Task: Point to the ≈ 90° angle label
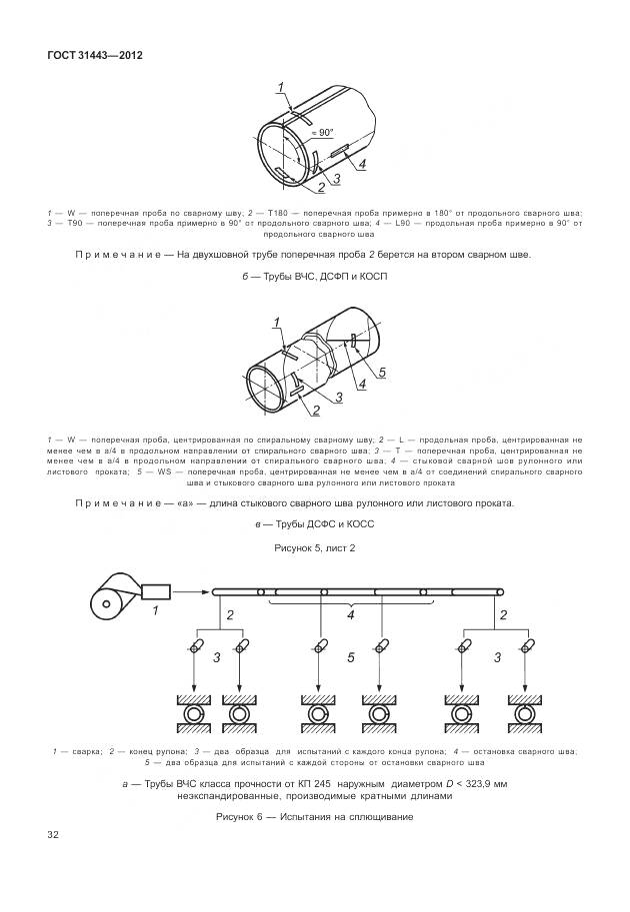[x=322, y=131]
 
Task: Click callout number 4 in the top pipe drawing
[x=362, y=164]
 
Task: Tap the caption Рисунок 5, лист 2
[x=315, y=549]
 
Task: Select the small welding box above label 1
[x=156, y=592]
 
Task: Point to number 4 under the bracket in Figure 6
[x=350, y=616]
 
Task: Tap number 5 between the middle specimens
[x=350, y=657]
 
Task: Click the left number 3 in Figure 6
[x=216, y=657]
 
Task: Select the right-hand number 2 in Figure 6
[x=503, y=615]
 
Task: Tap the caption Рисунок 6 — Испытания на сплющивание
[x=315, y=817]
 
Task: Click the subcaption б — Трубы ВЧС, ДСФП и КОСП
[x=315, y=275]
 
